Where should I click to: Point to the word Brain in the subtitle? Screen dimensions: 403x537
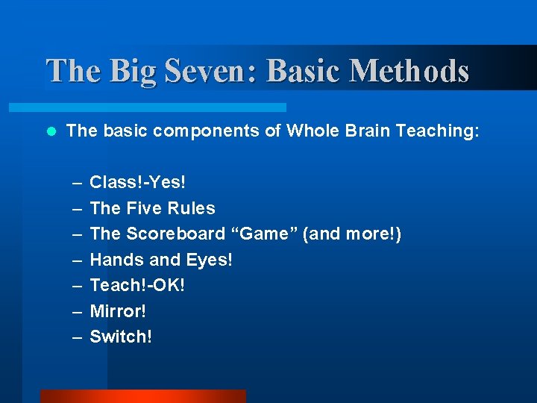pyautogui.click(x=364, y=131)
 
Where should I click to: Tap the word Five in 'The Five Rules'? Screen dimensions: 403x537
pyautogui.click(x=142, y=208)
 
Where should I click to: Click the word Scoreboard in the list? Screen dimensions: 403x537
pyautogui.click(x=175, y=234)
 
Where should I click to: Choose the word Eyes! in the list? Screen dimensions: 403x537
pyautogui.click(x=210, y=260)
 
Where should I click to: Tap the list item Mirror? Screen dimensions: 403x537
pyautogui.click(x=118, y=311)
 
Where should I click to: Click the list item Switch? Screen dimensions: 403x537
pyautogui.click(x=121, y=337)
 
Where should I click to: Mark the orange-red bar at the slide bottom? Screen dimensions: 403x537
pyautogui.click(x=142, y=396)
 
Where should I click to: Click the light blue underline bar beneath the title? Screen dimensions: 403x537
pyautogui.click(x=164, y=107)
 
